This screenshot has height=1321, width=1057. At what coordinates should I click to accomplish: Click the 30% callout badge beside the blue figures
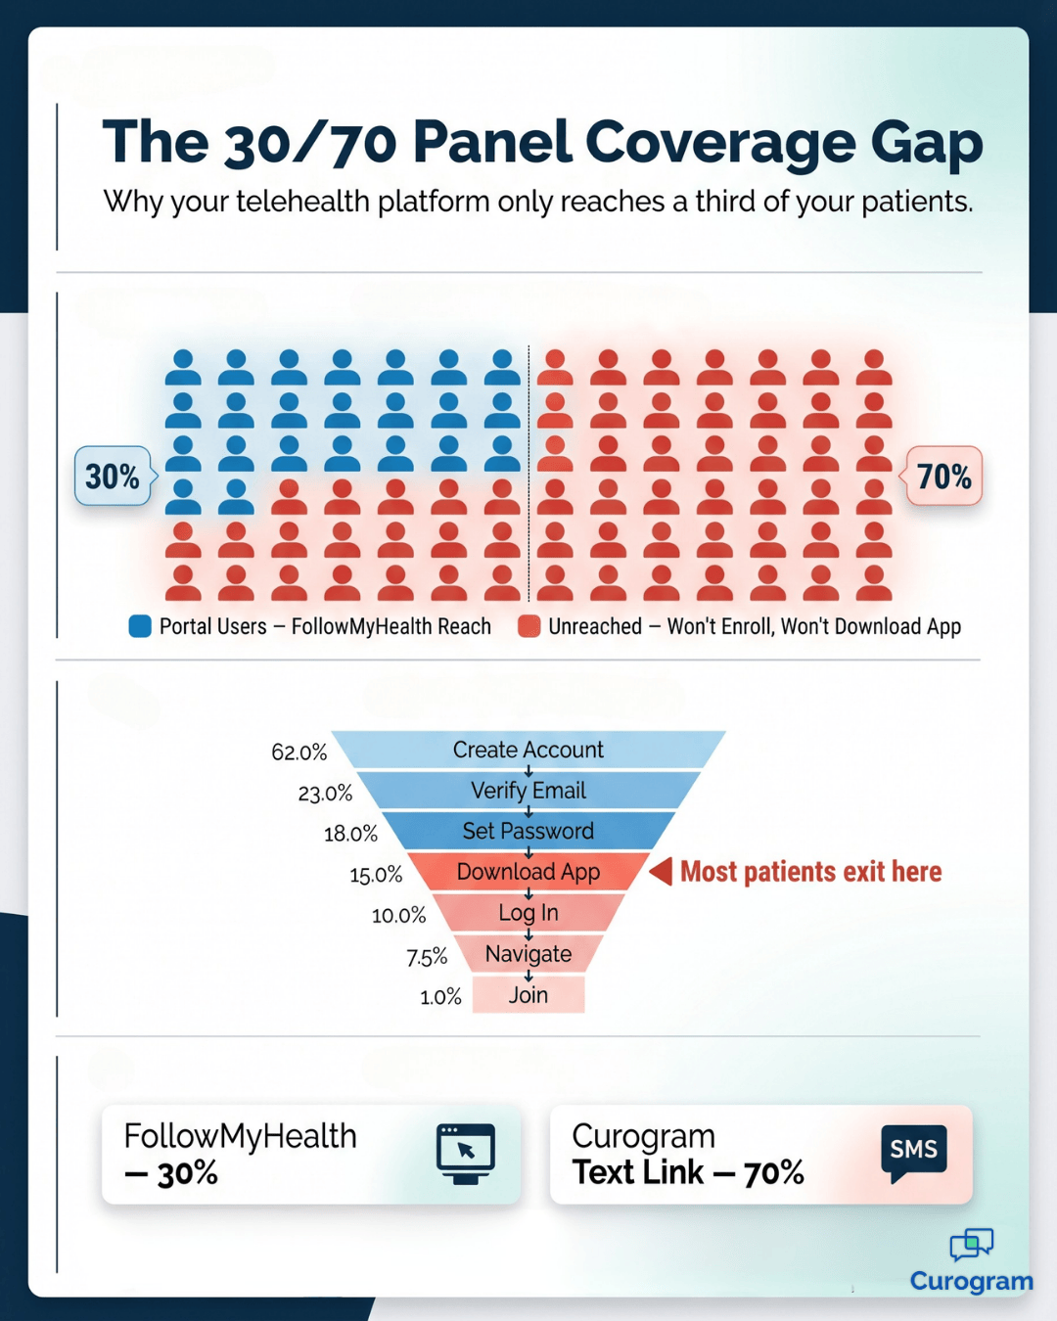coord(113,477)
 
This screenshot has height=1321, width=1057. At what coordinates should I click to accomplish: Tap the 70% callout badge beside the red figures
coord(943,477)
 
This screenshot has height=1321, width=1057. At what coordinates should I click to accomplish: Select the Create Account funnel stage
coord(528,750)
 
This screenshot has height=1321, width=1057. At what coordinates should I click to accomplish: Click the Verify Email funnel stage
coord(528,791)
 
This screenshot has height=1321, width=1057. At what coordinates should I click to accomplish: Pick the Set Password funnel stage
coord(528,831)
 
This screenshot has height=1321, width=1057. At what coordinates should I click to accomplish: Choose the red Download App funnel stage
coord(528,872)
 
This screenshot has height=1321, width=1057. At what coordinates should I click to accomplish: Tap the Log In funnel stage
coord(528,913)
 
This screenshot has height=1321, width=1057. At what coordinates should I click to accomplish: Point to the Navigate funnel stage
coord(528,954)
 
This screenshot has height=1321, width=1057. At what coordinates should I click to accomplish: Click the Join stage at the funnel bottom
coord(528,995)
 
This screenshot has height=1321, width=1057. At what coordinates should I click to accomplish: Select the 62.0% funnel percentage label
coord(299,752)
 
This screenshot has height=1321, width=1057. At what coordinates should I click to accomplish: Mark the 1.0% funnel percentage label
coord(440,997)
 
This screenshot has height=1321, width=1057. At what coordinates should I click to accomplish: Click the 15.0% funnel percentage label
coord(376,875)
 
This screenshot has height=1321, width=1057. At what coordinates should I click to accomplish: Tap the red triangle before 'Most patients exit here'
coord(662,871)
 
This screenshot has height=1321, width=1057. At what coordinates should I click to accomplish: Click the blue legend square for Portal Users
coord(140,626)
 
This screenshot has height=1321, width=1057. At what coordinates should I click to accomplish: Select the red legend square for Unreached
coord(529,626)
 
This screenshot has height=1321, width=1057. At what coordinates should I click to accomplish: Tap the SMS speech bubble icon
coord(913,1152)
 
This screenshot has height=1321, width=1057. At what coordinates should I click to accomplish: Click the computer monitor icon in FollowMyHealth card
coord(466,1153)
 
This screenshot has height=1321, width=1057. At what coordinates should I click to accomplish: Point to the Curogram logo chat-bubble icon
coord(971,1245)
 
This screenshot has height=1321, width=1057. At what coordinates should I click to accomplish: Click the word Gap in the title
coord(926,143)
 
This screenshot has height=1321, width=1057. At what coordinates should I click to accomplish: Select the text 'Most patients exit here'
coord(810,872)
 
